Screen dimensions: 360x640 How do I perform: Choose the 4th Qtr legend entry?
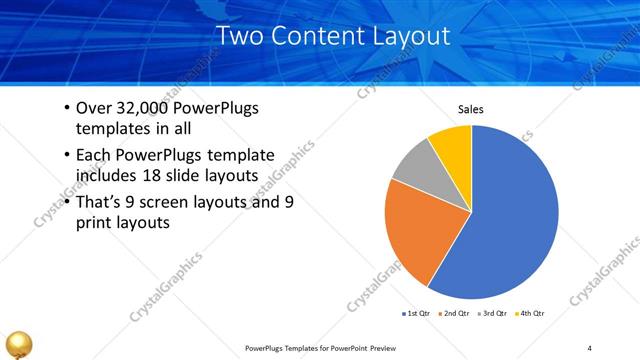pos(531,314)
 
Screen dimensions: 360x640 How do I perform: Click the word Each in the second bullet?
pos(94,155)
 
